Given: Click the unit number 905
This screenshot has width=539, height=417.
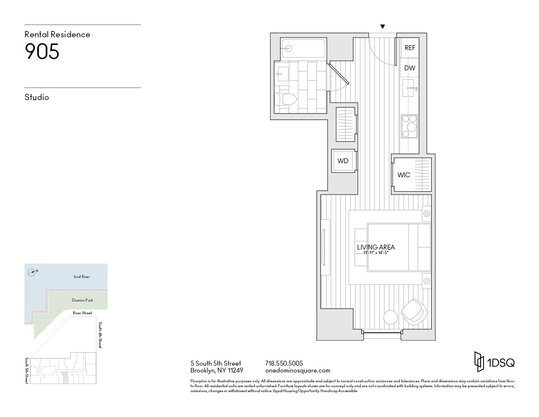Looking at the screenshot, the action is [42, 51].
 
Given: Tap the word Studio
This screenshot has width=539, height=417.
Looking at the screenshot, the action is [37, 97].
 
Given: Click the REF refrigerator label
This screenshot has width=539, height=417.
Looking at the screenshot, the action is [410, 48].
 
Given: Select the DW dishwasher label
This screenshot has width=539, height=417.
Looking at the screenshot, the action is [410, 68].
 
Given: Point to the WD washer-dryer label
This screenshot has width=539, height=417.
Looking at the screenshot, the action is [343, 161].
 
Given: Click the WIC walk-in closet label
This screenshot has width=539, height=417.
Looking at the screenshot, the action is [404, 175].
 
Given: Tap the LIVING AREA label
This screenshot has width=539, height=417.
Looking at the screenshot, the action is [376, 247].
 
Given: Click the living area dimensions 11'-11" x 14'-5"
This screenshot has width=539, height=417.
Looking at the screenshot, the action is [376, 253].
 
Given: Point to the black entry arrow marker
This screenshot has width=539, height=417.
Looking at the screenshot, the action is [383, 26].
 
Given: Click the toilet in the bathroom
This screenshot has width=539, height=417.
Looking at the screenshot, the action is [286, 99].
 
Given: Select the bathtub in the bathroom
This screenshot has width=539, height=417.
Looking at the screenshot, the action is [303, 48].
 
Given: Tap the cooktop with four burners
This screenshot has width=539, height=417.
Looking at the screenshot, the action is [410, 126].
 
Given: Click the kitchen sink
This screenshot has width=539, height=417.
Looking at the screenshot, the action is [408, 88].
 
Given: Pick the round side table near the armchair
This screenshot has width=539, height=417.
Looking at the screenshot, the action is [390, 317].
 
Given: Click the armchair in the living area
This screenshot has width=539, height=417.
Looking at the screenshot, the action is [414, 312].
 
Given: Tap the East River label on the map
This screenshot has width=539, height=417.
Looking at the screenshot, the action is [82, 277].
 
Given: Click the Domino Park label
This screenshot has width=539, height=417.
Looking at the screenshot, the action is [82, 300].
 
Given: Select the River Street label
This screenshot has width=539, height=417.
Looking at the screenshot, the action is [82, 313].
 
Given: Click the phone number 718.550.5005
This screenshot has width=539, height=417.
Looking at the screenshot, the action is [284, 363].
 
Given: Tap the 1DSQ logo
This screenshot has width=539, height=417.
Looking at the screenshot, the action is [495, 362].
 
